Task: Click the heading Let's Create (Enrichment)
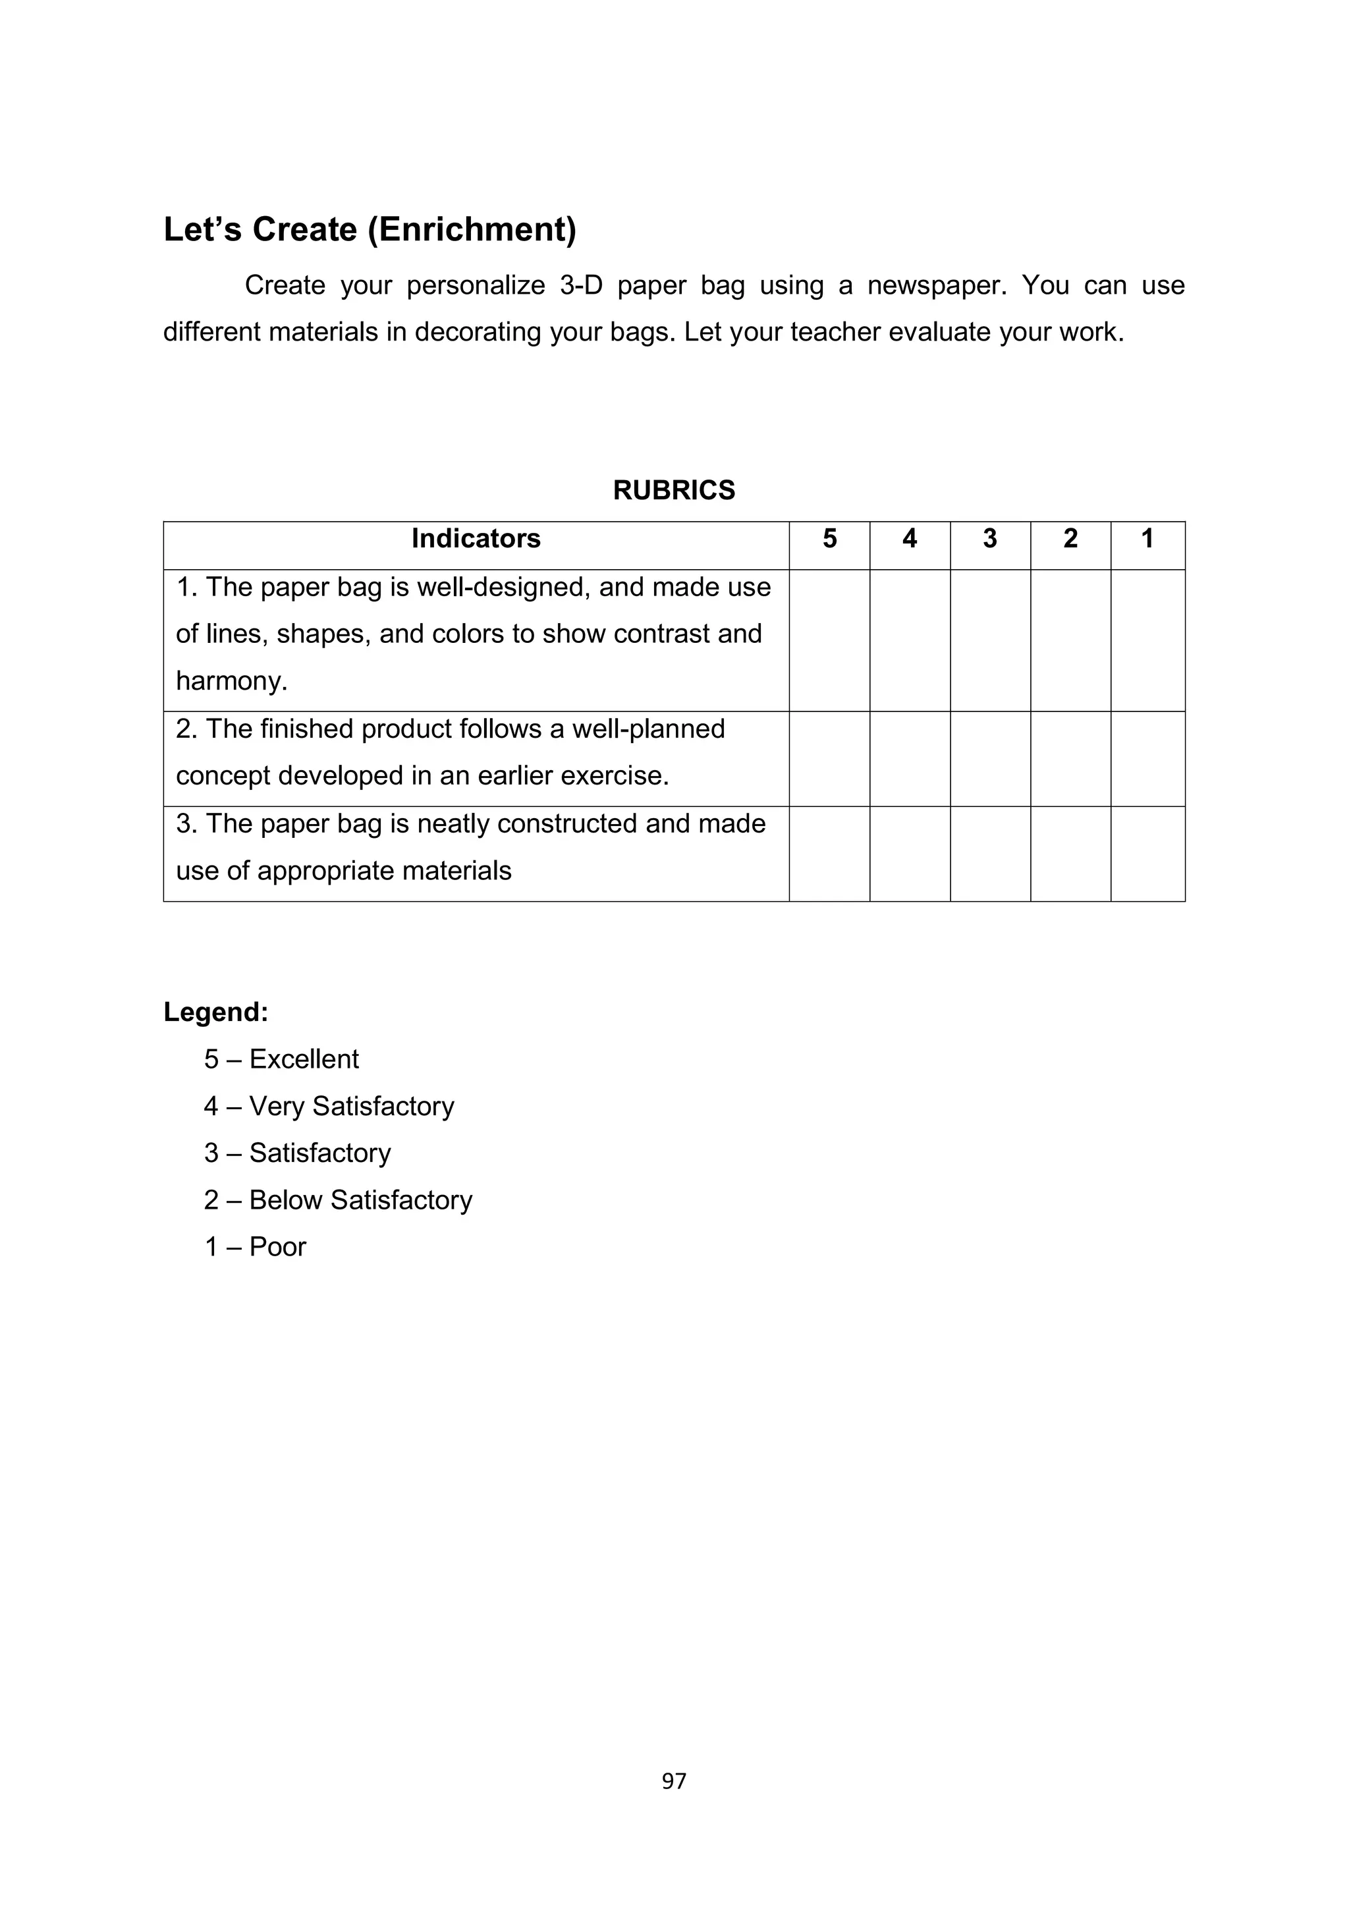(x=370, y=229)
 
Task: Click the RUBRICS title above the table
(x=674, y=490)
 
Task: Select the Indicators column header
(x=476, y=539)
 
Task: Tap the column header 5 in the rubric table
(x=829, y=539)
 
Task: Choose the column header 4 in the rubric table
(x=910, y=539)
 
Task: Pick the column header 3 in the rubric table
(x=990, y=539)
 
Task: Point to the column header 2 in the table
(x=1071, y=539)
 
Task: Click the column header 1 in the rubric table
(x=1147, y=539)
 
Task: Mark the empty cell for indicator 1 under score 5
(x=829, y=640)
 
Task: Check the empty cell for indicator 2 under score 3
(x=990, y=758)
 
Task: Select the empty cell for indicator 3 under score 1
(x=1147, y=854)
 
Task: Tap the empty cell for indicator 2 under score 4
(x=910, y=758)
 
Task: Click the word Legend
(x=216, y=1012)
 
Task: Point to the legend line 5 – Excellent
(x=282, y=1059)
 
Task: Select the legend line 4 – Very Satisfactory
(x=329, y=1107)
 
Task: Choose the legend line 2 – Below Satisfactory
(x=338, y=1200)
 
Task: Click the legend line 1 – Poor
(x=255, y=1247)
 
